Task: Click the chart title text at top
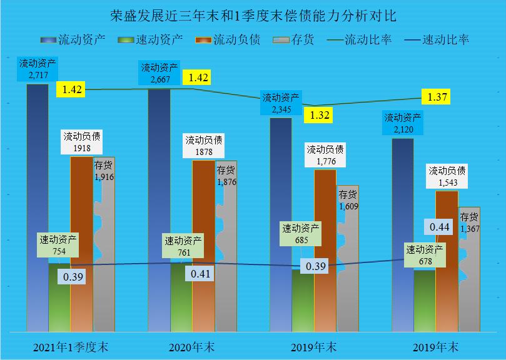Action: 253,14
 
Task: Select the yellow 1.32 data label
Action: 318,115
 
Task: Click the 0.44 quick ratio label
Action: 439,227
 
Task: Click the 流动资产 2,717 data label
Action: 37,69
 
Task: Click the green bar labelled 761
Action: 181,297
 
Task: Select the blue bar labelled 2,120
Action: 403,237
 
